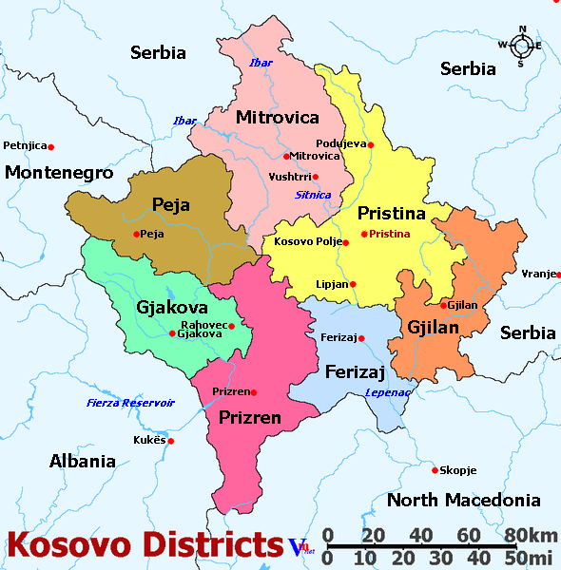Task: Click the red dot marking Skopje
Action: coord(435,469)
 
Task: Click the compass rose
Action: coord(521,45)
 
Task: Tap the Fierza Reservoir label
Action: coord(131,403)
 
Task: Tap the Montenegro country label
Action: coord(59,173)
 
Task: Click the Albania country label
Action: coord(82,462)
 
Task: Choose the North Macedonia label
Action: coord(464,500)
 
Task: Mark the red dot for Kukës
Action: coord(171,441)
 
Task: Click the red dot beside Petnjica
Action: coord(51,146)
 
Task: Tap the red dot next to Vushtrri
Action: coord(316,177)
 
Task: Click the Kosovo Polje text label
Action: coord(306,242)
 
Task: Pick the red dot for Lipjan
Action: coord(353,284)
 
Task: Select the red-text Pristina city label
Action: coord(390,234)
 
